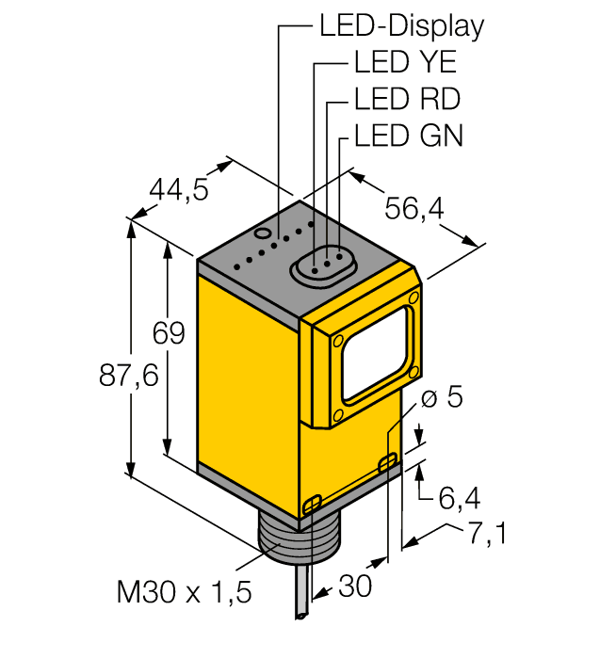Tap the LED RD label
pyautogui.click(x=407, y=98)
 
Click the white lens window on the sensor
pyautogui.click(x=376, y=353)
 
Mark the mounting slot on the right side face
pyautogui.click(x=387, y=462)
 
